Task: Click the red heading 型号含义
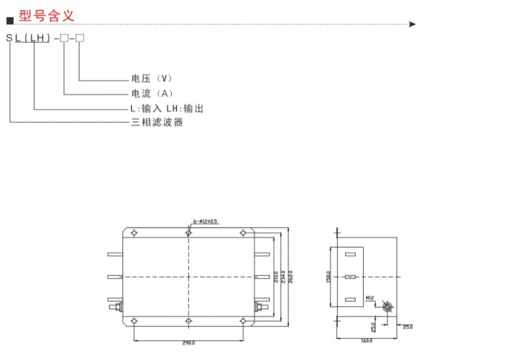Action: click(46, 15)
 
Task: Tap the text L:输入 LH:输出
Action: click(167, 108)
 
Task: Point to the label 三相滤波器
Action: click(156, 122)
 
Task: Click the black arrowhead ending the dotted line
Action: click(412, 24)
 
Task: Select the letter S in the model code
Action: click(10, 38)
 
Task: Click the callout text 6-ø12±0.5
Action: click(206, 221)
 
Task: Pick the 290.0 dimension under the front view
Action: click(188, 344)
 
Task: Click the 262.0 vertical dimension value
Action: click(291, 277)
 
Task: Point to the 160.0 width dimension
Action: click(367, 341)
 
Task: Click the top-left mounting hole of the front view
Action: click(134, 233)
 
